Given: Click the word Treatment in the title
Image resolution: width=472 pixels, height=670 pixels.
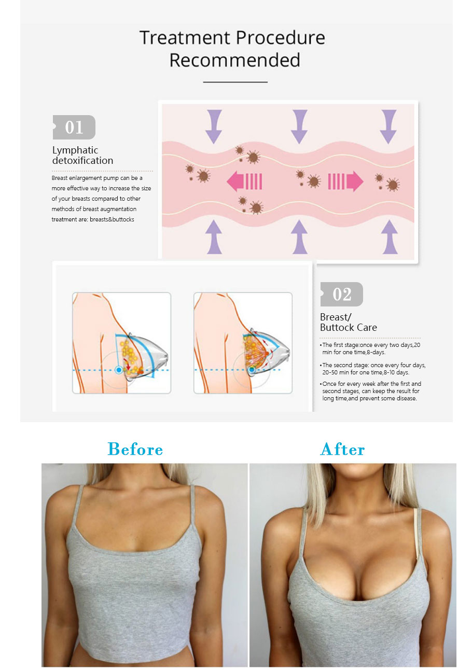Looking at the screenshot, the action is coord(185,38).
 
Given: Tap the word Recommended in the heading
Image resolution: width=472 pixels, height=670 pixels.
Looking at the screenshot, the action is coord(234,60).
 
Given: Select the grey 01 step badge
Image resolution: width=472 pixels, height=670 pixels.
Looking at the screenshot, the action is coord(74,127).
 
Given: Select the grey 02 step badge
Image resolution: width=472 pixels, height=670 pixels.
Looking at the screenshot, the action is coord(341,294).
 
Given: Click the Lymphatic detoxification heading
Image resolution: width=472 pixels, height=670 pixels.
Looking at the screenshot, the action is coord(82,155).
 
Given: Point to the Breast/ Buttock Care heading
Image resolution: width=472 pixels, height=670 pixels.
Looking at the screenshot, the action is coord(348,322).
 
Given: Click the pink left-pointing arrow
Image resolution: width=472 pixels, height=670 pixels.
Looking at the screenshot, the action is coord(244,182).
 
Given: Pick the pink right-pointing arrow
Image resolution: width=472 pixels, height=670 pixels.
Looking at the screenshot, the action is coord(345,182).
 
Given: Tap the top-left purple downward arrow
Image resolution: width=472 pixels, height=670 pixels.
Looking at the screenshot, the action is coord(214,126).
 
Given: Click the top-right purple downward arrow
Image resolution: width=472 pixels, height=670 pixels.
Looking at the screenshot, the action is coord(388,126).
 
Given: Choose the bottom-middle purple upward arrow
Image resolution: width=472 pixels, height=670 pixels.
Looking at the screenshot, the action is coord(299,237).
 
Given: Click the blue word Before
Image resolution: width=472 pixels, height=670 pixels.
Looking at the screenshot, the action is coord(135,449).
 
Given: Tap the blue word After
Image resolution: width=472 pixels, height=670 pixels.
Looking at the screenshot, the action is coord(342,449).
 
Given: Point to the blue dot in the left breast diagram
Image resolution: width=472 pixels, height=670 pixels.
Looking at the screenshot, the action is coord(119,370).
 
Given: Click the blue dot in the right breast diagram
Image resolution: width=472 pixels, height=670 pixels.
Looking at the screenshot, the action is coord(252,370).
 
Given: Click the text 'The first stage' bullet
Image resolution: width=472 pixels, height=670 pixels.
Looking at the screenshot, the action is coord(370,348).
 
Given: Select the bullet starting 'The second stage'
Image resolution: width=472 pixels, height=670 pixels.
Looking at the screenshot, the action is coord(373,369).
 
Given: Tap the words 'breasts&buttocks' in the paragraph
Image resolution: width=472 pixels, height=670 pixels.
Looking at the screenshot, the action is coord(112,219).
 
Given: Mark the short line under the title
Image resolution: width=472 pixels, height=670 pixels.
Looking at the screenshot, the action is coord(235,82).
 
